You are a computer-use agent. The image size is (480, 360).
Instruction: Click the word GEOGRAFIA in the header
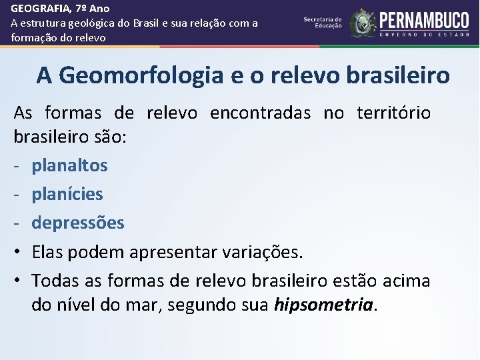point(37,9)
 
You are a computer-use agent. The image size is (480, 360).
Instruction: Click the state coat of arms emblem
point(363,23)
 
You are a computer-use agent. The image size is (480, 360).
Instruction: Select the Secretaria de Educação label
point(322,23)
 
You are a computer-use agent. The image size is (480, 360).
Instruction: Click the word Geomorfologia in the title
point(141,75)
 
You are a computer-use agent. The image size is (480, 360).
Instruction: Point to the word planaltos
point(69,165)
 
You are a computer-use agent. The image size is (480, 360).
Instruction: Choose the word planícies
point(67,194)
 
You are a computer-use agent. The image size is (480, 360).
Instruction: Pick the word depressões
point(78,223)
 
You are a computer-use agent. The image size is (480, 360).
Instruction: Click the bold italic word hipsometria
point(324,305)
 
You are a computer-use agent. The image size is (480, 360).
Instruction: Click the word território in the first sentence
point(393,113)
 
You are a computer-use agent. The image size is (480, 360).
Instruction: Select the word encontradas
point(260,113)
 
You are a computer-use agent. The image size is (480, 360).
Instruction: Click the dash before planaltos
point(17,165)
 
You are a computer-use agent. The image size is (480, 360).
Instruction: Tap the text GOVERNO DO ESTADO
point(425,35)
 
